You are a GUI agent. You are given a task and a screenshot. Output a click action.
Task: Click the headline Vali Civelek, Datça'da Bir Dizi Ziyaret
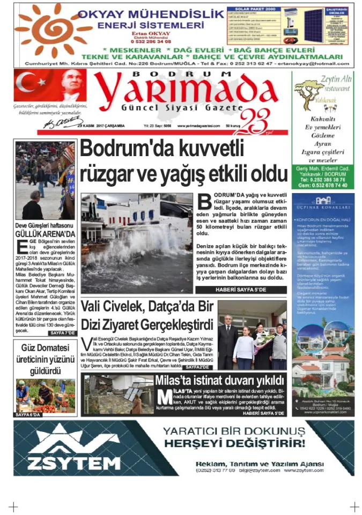(x=147, y=317)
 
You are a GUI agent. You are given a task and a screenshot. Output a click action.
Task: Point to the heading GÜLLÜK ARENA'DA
(x=45, y=234)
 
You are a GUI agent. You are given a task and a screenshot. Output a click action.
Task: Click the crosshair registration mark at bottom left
(x=13, y=506)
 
